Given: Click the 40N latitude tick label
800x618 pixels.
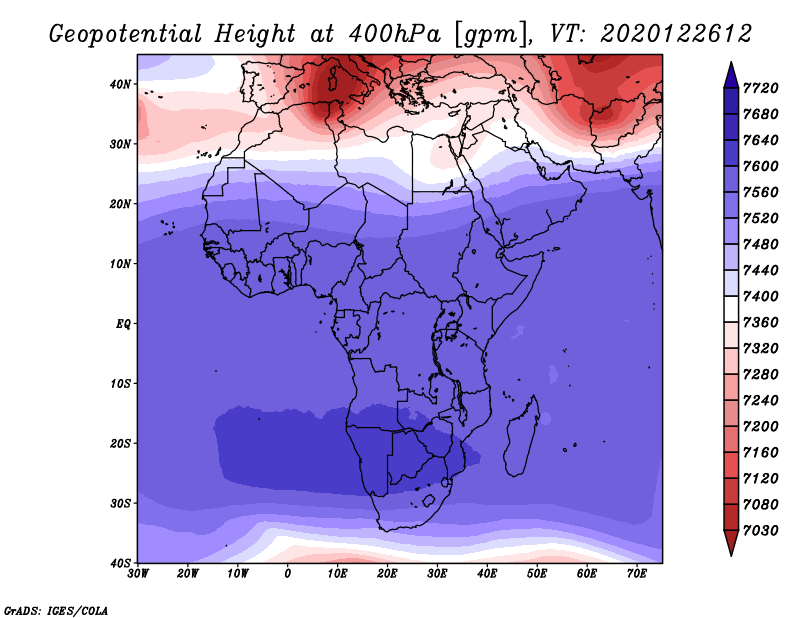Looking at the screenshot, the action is [x=120, y=84].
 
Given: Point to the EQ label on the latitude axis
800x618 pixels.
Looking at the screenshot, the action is [x=123, y=324].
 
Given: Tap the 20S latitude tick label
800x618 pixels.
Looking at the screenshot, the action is [x=120, y=443].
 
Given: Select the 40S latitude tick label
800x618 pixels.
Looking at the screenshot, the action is [x=120, y=563].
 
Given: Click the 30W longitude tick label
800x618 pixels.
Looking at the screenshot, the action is [x=138, y=574].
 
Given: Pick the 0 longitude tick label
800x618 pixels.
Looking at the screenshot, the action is [x=288, y=574].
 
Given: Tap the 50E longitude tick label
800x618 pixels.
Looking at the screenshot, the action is [x=537, y=574].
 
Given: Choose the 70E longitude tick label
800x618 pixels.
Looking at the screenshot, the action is [x=637, y=574].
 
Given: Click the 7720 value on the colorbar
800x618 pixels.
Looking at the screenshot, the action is [x=761, y=88].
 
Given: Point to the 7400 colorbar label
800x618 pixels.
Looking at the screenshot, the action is [x=761, y=296].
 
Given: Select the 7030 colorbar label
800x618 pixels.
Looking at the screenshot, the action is [x=761, y=531].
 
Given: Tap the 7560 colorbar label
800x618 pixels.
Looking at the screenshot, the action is [x=761, y=192].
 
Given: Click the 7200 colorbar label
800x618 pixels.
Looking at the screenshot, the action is [x=761, y=427].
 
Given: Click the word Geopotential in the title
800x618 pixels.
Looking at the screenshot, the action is [x=126, y=35].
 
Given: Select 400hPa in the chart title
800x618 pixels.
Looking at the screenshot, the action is [x=395, y=34].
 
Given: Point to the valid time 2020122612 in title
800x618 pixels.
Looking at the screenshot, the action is [x=677, y=34].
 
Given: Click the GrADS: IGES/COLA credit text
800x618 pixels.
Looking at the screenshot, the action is [x=56, y=610].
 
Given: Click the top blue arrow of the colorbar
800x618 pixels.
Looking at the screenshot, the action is [x=731, y=75].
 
